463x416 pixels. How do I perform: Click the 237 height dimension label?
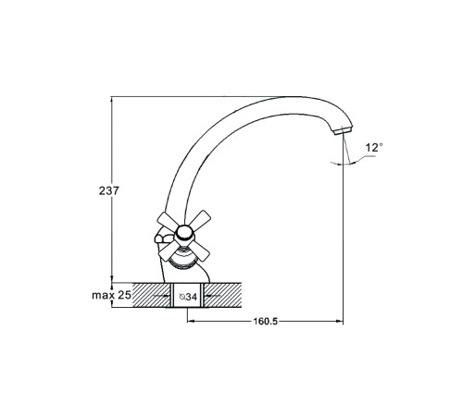point(108,190)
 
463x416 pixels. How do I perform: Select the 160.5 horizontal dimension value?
point(266,322)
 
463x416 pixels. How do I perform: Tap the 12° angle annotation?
point(374,148)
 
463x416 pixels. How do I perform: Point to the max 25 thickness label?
point(111,295)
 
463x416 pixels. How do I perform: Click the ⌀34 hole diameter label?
point(188,297)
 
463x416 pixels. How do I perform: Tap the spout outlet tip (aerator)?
point(343,130)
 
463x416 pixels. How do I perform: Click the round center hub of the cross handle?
point(184,233)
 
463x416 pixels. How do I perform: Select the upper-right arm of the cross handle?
point(200,218)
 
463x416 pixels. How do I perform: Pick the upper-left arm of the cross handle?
point(168,220)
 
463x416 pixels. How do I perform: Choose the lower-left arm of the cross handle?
point(167,251)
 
